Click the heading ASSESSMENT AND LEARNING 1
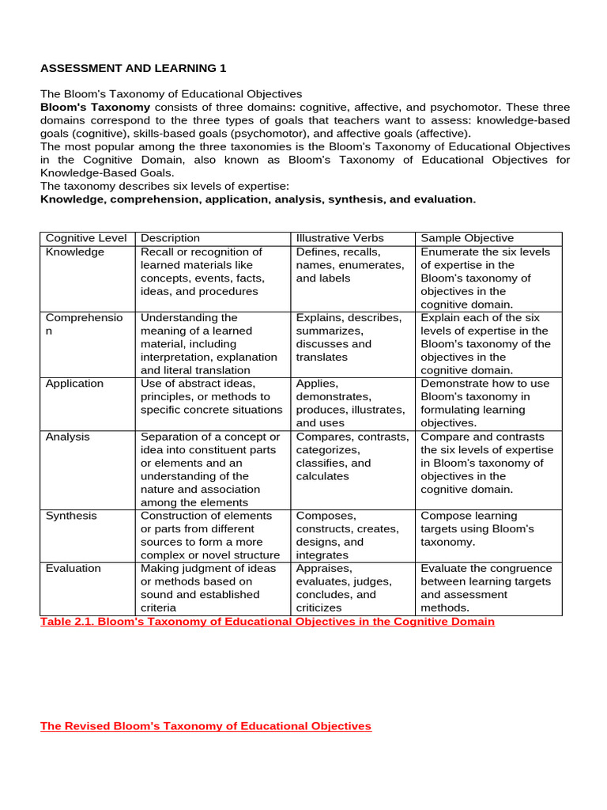[x=133, y=68]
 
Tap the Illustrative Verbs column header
[x=340, y=238]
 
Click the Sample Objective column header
[x=467, y=238]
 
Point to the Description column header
[x=170, y=238]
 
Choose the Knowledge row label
[x=75, y=252]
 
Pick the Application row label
[x=74, y=384]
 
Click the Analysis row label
[x=68, y=437]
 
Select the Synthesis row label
[x=72, y=516]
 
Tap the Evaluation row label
[x=74, y=569]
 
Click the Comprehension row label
[x=85, y=324]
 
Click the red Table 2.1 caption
[x=267, y=622]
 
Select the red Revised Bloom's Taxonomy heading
[x=205, y=726]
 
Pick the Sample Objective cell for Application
[x=484, y=403]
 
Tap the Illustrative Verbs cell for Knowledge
[x=349, y=265]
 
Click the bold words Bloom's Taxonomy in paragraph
[x=95, y=107]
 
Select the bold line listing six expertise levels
[x=258, y=199]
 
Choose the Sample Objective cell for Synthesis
[x=477, y=528]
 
